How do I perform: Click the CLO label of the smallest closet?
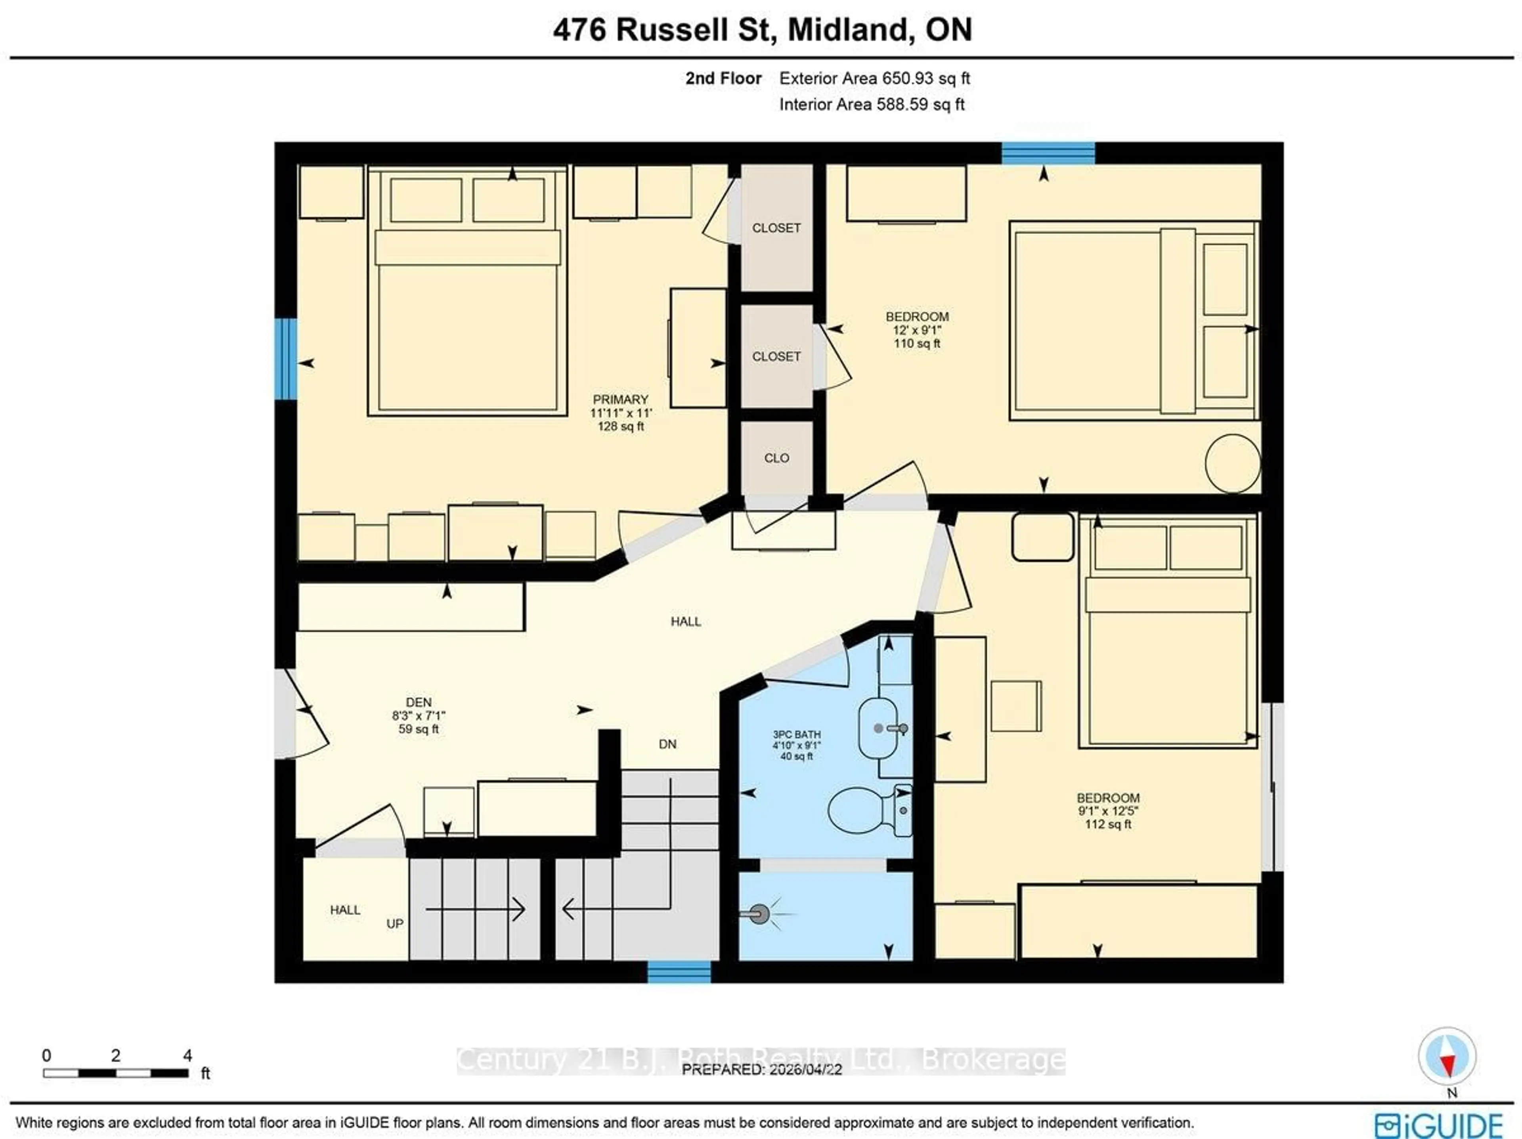pos(776,458)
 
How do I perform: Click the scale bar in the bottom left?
pos(116,1073)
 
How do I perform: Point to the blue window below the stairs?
pos(679,972)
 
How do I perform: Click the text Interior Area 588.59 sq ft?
pos(871,105)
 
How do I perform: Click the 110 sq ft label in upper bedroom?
pos(916,343)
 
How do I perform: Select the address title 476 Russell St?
pos(762,30)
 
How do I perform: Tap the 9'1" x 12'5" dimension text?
pos(1108,811)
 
